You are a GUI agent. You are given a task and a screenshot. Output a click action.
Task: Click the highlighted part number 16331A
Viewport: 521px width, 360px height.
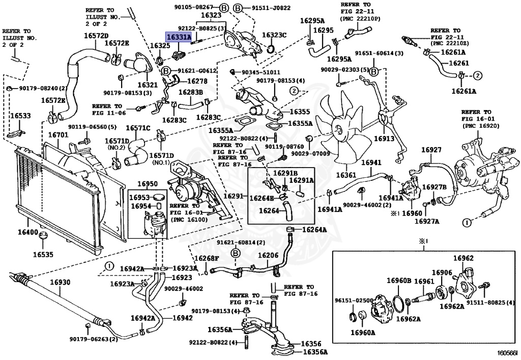click(179, 37)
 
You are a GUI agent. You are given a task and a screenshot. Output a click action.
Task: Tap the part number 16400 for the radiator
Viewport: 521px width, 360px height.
click(28, 232)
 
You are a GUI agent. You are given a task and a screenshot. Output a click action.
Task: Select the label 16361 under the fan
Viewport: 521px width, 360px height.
click(346, 175)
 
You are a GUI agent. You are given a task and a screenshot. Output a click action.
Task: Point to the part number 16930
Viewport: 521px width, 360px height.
click(60, 282)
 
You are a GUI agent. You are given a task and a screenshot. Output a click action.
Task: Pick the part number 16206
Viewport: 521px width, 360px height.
click(268, 255)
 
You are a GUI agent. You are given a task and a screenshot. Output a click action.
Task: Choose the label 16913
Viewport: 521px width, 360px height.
click(384, 139)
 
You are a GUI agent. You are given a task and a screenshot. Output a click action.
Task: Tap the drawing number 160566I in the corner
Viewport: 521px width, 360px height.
click(507, 353)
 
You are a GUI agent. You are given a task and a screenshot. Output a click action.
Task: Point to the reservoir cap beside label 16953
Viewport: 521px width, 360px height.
click(159, 198)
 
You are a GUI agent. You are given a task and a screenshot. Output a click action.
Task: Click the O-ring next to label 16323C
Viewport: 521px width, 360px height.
click(271, 49)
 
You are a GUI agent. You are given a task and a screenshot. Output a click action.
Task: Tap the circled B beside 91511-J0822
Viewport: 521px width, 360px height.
click(238, 8)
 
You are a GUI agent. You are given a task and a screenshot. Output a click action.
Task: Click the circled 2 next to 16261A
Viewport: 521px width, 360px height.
click(477, 76)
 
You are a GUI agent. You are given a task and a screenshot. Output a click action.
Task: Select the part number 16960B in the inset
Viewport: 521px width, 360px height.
click(399, 281)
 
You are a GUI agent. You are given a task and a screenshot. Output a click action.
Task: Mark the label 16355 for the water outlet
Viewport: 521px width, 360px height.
click(300, 112)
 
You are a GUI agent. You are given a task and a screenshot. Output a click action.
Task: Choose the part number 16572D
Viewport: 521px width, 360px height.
click(96, 36)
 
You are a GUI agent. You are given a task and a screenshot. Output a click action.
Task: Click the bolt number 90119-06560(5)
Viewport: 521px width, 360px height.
click(93, 127)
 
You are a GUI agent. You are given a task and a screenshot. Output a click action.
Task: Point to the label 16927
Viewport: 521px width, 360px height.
click(431, 150)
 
